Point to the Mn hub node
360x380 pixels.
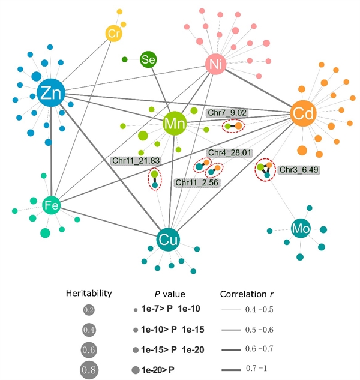(175, 124)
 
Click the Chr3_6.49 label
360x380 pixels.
(298, 170)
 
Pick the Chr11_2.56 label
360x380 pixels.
(196, 182)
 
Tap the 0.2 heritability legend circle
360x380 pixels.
(89, 310)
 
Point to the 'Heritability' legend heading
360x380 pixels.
(89, 294)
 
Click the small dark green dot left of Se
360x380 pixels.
(124, 59)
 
